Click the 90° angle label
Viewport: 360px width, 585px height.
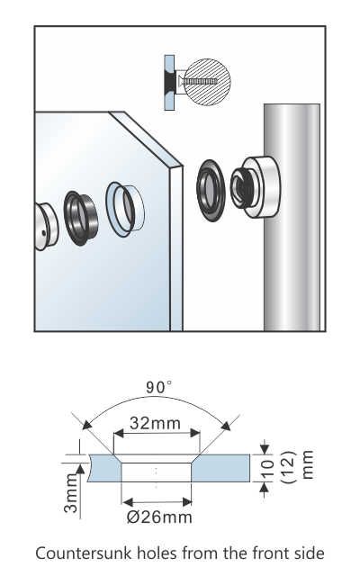tap(159, 388)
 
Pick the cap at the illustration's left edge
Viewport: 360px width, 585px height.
tap(43, 227)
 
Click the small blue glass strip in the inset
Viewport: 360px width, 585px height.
tap(168, 80)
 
